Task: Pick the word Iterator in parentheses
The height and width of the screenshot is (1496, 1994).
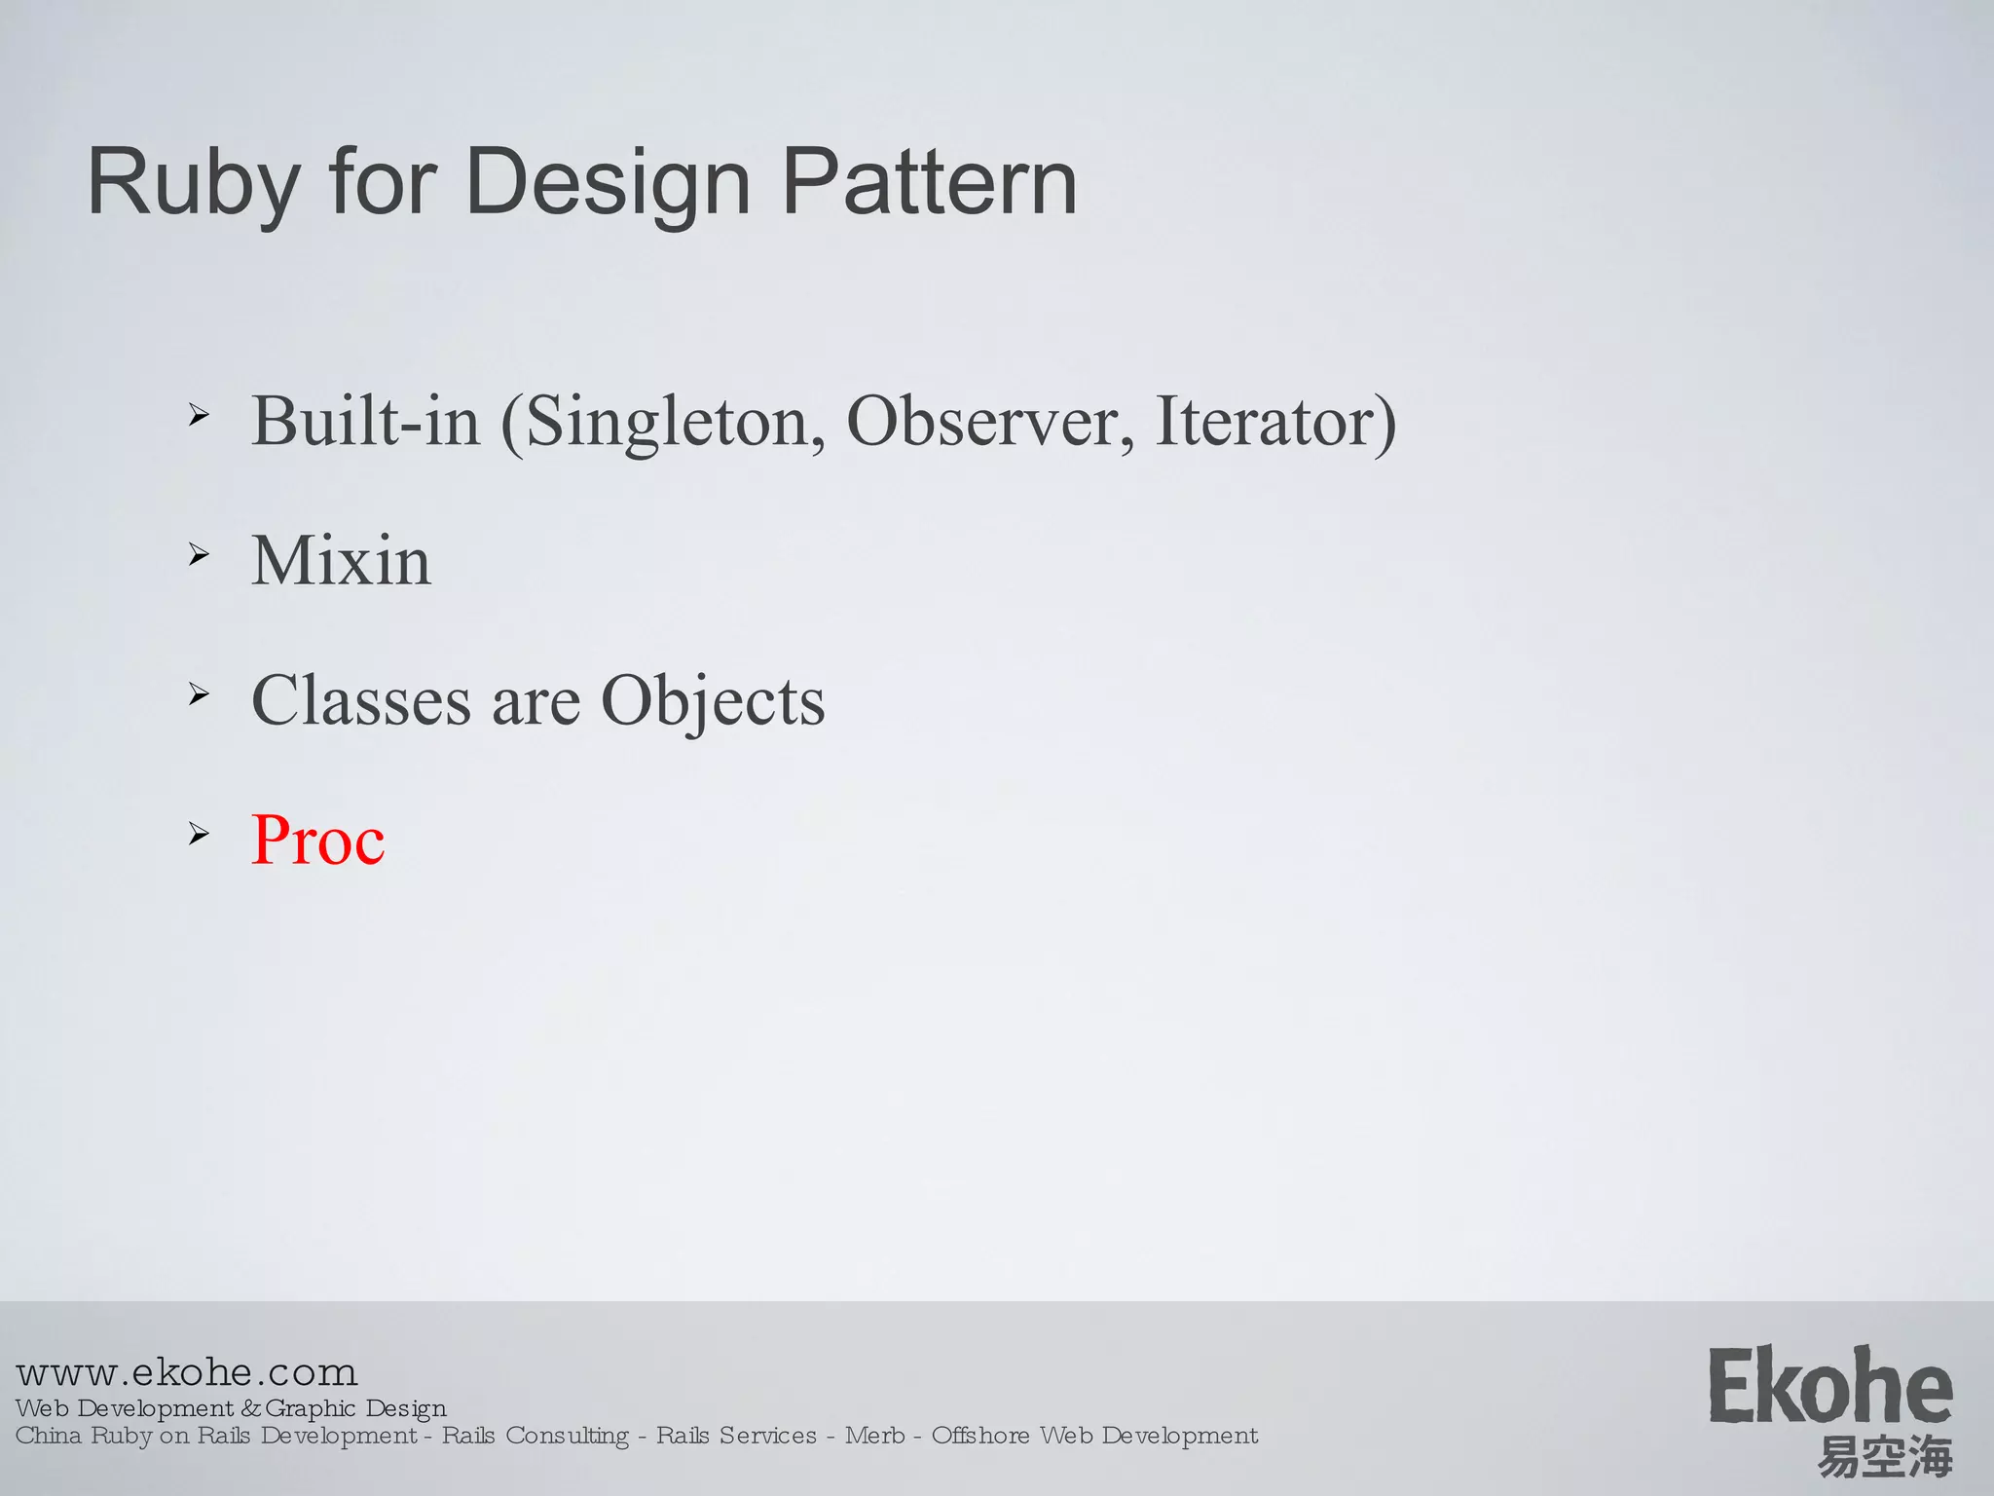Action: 1266,422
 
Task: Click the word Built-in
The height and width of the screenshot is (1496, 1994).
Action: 366,422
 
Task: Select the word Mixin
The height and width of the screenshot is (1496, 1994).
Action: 341,561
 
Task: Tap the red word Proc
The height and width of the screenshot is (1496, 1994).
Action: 317,840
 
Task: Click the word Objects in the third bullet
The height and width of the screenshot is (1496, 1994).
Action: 713,700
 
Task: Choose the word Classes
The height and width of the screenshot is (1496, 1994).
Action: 360,700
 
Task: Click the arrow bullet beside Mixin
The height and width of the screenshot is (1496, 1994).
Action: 199,555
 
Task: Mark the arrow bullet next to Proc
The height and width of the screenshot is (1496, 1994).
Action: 199,834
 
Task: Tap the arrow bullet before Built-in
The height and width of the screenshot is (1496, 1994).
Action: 199,416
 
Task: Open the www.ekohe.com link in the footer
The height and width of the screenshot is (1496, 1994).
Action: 187,1372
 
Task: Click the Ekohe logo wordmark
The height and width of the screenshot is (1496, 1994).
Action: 1830,1387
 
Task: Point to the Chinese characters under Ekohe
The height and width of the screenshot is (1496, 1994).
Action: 1885,1457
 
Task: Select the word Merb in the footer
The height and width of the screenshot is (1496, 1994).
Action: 874,1436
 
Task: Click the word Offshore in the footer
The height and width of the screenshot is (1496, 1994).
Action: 979,1436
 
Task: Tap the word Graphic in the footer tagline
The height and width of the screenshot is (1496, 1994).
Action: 310,1408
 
